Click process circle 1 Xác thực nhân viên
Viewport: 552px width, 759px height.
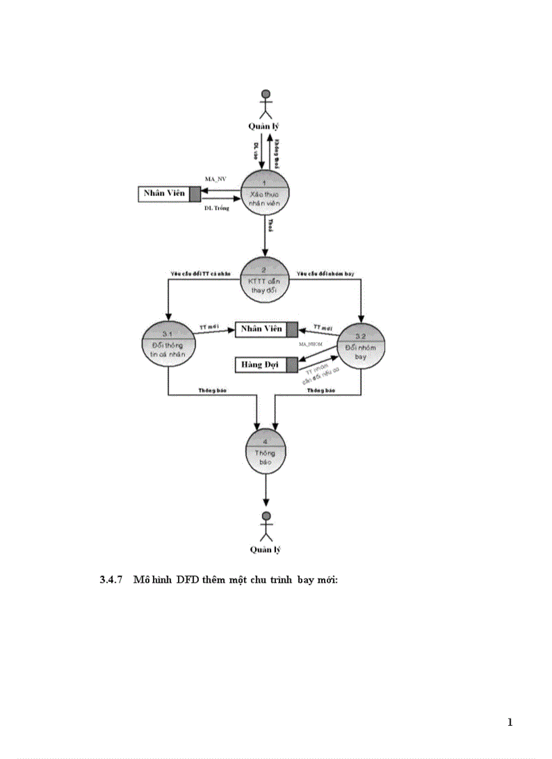pos(265,193)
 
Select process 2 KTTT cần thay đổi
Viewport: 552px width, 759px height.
pos(265,278)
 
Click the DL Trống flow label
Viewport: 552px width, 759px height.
pos(217,209)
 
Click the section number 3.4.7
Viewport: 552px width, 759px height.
pos(110,581)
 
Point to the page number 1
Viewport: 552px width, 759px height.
pos(509,723)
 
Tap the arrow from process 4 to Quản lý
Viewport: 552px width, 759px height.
pos(265,490)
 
